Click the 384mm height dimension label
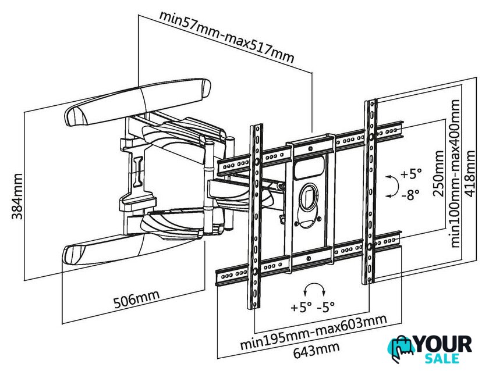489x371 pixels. pyautogui.click(x=17, y=196)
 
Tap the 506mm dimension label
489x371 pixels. pyautogui.click(x=136, y=299)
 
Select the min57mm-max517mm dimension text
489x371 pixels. pyautogui.click(x=226, y=37)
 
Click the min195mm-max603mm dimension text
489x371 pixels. pyautogui.click(x=313, y=332)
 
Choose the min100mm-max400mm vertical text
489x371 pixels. pyautogui.click(x=456, y=173)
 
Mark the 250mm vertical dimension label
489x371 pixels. pyautogui.click(x=438, y=173)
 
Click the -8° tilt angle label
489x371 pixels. pyautogui.click(x=410, y=195)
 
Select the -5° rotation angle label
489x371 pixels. pyautogui.click(x=326, y=307)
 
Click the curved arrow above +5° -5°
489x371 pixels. pyautogui.click(x=315, y=284)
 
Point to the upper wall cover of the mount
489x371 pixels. pyautogui.click(x=137, y=102)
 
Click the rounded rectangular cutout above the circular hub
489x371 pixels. pyautogui.click(x=309, y=168)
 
